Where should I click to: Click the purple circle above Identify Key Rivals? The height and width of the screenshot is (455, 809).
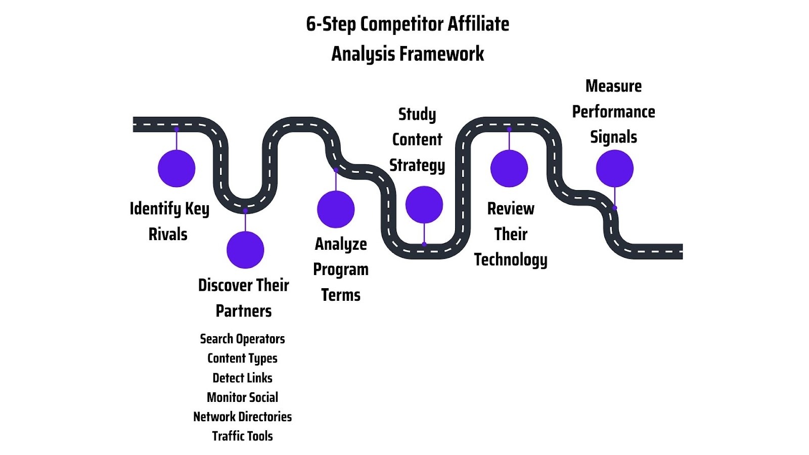(176, 168)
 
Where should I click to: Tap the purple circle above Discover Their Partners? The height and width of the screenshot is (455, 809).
(245, 250)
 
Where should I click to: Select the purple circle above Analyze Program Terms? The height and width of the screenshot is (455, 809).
(336, 209)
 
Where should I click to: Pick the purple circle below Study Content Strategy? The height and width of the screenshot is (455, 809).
(424, 205)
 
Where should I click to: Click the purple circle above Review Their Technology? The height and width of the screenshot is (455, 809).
(509, 168)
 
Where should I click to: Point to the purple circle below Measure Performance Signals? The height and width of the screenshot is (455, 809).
(614, 168)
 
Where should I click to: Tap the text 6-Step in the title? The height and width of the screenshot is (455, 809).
(331, 24)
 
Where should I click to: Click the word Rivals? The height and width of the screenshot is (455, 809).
(168, 234)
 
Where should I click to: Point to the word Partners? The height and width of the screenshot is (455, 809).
(244, 311)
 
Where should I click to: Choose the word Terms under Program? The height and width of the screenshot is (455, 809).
(341, 295)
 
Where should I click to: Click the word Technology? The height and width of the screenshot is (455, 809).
(511, 260)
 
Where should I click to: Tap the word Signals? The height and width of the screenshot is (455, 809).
(613, 137)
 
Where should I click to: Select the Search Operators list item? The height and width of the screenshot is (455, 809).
(242, 339)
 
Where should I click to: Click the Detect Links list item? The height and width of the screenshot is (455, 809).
(242, 378)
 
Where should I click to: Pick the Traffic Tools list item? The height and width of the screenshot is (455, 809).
(242, 436)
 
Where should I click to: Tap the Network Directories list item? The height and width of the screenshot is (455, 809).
(242, 417)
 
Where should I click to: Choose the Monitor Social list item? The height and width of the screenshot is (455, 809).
(242, 397)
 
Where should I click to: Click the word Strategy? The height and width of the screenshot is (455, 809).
(417, 165)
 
